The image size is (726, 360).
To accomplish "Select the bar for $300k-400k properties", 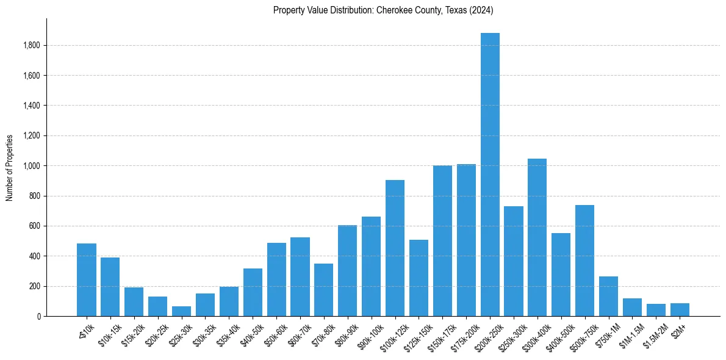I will point(537,237).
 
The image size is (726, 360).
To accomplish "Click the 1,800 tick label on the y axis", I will point(32,46).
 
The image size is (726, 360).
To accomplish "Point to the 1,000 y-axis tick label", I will point(32,166).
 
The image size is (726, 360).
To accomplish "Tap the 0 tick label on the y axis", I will point(38,317).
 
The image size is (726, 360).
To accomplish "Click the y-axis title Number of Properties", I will point(10,168).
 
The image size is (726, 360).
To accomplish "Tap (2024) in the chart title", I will point(481,10).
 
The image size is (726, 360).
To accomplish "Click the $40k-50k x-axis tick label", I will point(248,334).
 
